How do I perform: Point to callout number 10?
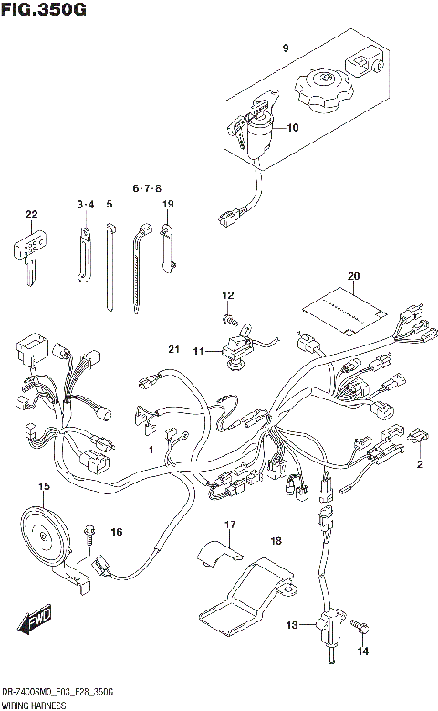[292, 127]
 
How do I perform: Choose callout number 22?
[33, 215]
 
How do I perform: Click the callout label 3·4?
[85, 203]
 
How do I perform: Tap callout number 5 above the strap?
[109, 203]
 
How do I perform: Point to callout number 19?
[168, 203]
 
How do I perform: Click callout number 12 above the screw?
[228, 294]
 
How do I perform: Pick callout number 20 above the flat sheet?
[354, 275]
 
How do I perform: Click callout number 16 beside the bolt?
[116, 531]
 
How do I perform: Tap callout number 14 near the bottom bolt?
[364, 651]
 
